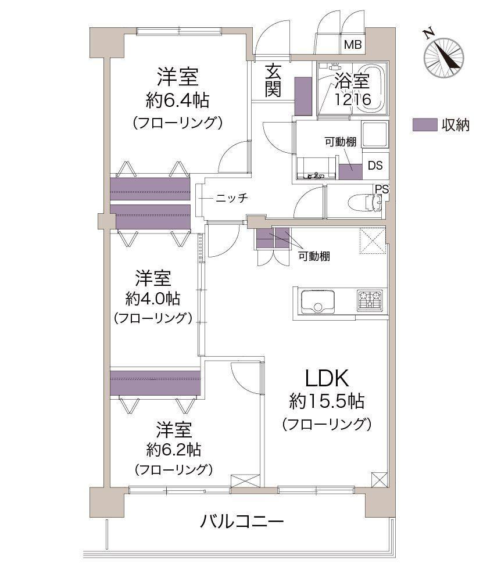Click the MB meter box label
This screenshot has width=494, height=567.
pyautogui.click(x=353, y=45)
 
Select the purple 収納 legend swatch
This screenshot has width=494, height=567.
pyautogui.click(x=425, y=125)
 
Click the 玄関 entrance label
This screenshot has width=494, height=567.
pyautogui.click(x=273, y=80)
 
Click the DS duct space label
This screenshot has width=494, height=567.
pyautogui.click(x=375, y=166)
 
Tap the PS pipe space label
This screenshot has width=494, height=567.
pyautogui.click(x=382, y=189)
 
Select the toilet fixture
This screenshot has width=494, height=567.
pyautogui.click(x=365, y=203)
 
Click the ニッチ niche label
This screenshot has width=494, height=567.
pyautogui.click(x=231, y=198)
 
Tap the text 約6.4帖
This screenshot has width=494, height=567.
pyautogui.click(x=177, y=100)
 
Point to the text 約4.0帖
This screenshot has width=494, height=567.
pyautogui.click(x=153, y=299)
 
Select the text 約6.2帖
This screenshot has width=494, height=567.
pyautogui.click(x=174, y=450)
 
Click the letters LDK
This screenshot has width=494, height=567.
pyautogui.click(x=327, y=378)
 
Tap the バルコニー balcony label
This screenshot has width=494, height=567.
pyautogui.click(x=242, y=522)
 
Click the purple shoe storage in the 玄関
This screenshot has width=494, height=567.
pyautogui.click(x=303, y=96)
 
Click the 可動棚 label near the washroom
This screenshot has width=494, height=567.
pyautogui.click(x=341, y=142)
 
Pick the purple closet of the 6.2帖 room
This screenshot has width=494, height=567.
pyautogui.click(x=156, y=383)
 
